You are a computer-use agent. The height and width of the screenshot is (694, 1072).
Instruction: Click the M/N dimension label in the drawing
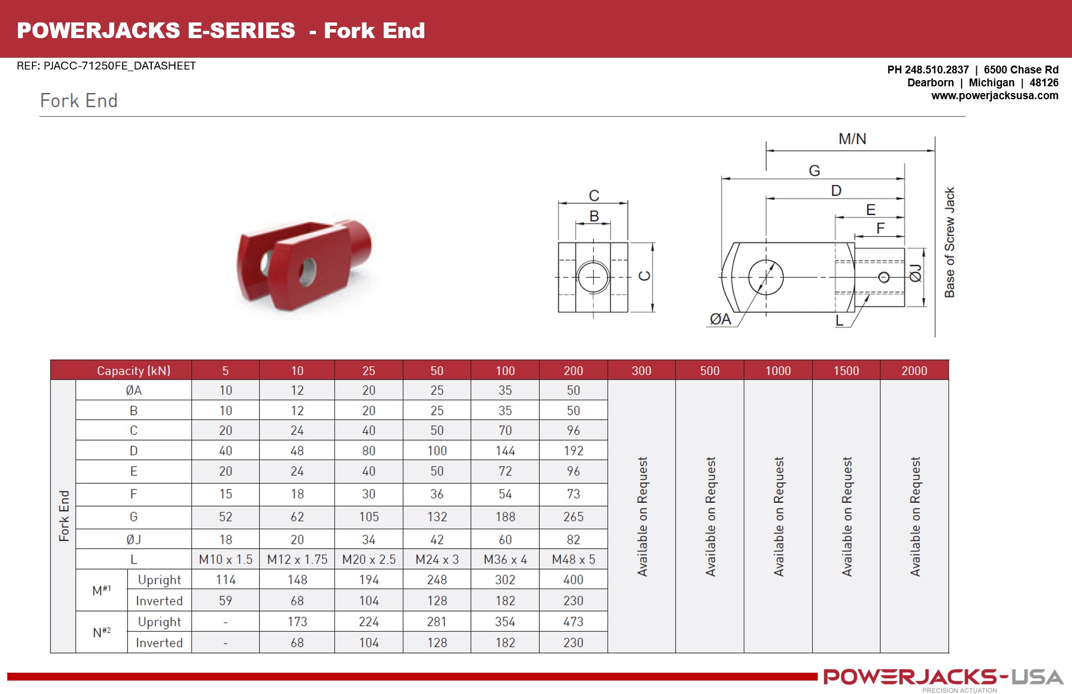[852, 139]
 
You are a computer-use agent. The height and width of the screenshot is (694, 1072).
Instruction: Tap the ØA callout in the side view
[720, 319]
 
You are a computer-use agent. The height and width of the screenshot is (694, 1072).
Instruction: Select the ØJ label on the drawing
[915, 274]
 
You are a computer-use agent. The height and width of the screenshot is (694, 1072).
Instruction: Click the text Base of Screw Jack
[949, 242]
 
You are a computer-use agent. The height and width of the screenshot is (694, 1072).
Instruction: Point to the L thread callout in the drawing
[839, 321]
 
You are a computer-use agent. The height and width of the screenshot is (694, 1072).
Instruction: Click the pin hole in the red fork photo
[307, 271]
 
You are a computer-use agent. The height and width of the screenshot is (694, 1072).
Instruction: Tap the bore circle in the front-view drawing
[593, 277]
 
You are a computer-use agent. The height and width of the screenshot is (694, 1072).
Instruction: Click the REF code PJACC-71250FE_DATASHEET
[106, 66]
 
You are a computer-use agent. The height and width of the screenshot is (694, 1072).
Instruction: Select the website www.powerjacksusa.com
[994, 96]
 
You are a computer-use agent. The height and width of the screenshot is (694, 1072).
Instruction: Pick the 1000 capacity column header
[778, 371]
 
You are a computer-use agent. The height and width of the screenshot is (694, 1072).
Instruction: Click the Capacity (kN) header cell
[133, 371]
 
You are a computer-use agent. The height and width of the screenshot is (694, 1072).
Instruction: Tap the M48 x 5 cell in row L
[573, 559]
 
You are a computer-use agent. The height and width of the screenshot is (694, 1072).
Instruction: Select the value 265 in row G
[573, 517]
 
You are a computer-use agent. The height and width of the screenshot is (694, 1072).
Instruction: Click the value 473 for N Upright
[573, 622]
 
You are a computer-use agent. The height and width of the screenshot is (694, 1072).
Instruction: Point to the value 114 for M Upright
[226, 580]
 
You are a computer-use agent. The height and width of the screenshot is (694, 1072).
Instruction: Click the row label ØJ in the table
[133, 539]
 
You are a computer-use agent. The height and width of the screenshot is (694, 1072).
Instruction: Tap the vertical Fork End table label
[64, 516]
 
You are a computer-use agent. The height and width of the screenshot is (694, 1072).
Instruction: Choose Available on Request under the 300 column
[642, 516]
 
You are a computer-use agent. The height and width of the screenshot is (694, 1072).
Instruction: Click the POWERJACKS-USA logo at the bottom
[943, 677]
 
